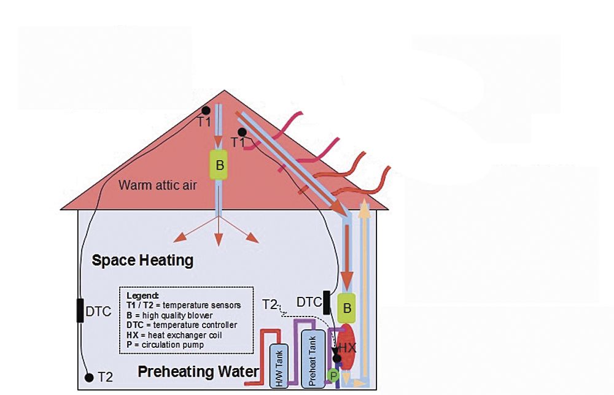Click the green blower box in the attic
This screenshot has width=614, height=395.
coord(219,164)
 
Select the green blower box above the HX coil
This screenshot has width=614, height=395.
coord(346,308)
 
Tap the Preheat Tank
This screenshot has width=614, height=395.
coord(313,359)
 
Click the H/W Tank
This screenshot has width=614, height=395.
coord(279,366)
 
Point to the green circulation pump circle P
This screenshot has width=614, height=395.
coord(333,376)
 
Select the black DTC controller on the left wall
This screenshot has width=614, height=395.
coord(80,310)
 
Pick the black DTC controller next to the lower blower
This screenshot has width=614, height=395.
coord(327,302)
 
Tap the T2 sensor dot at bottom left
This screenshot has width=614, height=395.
coord(89,377)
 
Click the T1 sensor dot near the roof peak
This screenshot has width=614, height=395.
coord(206,110)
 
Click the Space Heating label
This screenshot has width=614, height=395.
coord(142,261)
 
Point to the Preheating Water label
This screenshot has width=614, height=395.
coord(198,372)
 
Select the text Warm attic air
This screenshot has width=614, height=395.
coord(157,185)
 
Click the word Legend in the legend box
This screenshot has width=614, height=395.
coord(142,296)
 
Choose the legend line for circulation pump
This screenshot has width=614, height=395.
coord(165,345)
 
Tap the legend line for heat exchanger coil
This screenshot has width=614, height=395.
coord(174,335)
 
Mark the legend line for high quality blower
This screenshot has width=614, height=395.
coord(169,315)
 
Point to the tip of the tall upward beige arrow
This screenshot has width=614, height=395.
coord(365,199)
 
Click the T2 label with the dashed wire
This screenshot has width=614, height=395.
coord(270,304)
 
